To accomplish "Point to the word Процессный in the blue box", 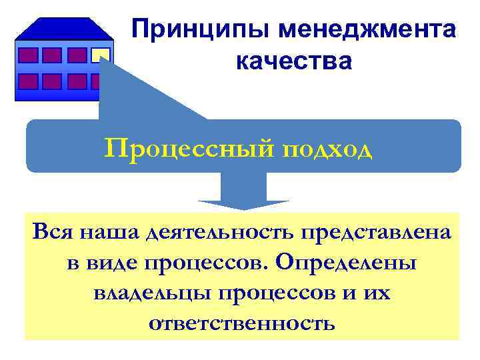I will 179,146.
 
